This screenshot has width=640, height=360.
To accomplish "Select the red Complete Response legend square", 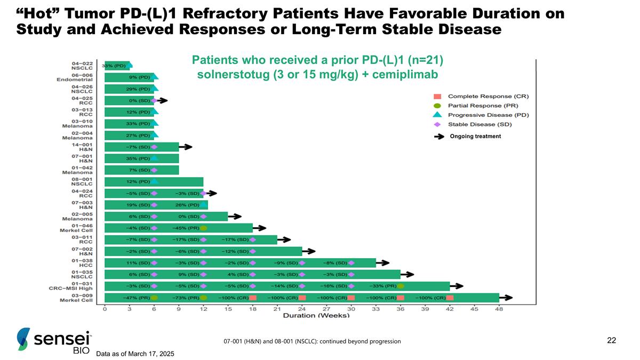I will (x=437, y=97).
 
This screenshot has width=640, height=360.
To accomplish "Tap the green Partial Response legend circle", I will (x=437, y=106).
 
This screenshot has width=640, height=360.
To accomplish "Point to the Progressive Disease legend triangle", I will (x=437, y=115).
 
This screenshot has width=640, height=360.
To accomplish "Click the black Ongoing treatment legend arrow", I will (x=439, y=136).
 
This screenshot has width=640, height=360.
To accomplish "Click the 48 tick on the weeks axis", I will (x=499, y=308).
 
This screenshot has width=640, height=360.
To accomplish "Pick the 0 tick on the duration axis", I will (x=105, y=308).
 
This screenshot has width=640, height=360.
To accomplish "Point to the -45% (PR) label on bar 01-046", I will (x=186, y=228).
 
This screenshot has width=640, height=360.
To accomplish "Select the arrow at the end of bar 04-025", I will (x=161, y=100).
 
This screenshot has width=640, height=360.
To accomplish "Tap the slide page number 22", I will (x=611, y=340).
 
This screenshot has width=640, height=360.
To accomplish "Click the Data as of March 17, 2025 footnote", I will (x=135, y=354).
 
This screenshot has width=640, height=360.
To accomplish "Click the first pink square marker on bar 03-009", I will (x=253, y=298).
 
